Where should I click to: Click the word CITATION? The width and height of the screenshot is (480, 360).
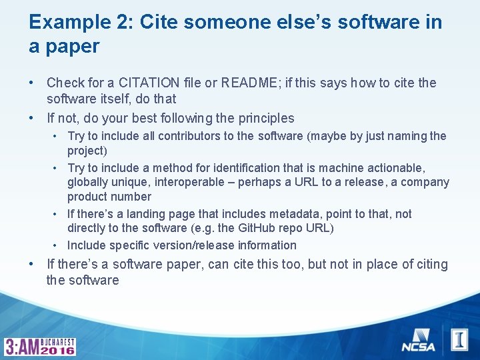click(x=149, y=83)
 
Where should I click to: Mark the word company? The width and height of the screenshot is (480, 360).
click(x=428, y=182)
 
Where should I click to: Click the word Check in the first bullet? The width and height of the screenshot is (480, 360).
click(x=65, y=83)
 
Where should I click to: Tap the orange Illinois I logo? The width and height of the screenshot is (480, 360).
click(x=459, y=339)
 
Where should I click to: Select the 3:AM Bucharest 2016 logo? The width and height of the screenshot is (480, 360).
click(x=41, y=346)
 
